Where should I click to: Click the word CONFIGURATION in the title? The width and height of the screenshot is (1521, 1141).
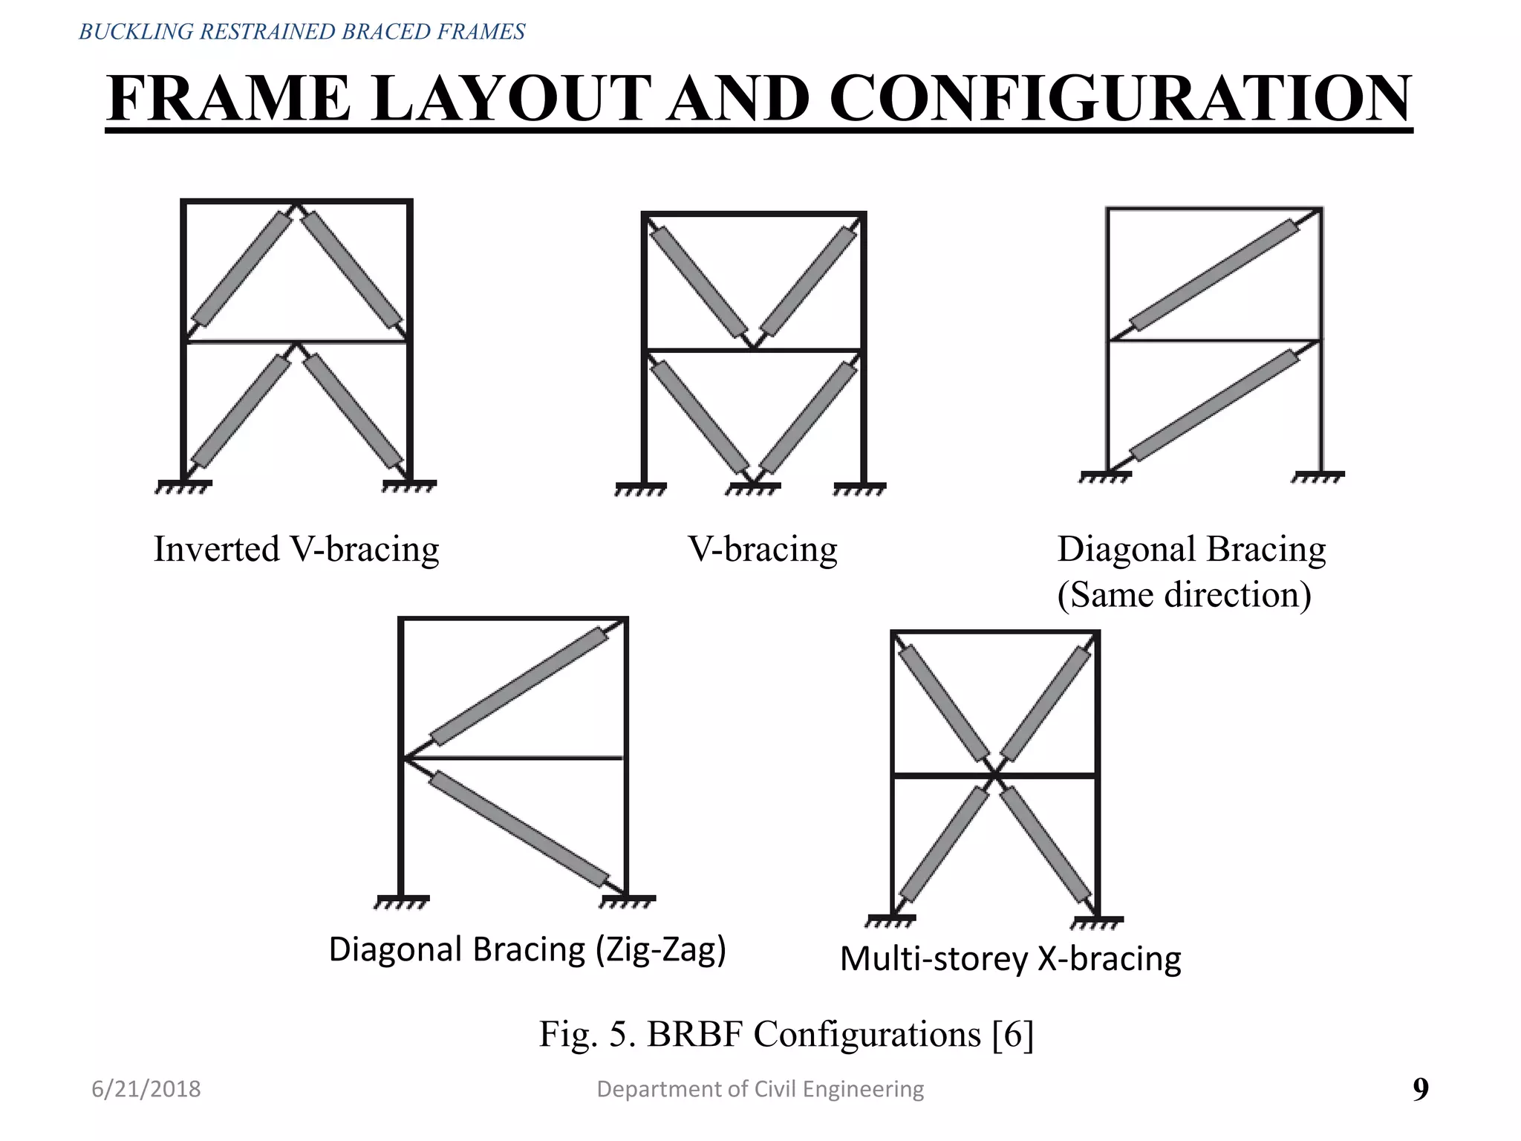pyautogui.click(x=1120, y=99)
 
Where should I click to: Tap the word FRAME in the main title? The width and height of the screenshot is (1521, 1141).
pyautogui.click(x=229, y=99)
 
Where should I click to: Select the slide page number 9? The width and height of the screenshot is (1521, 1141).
pyautogui.click(x=1420, y=1089)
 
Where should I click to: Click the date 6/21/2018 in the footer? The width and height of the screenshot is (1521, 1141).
pyautogui.click(x=146, y=1089)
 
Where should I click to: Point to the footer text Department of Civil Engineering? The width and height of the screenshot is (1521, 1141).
pyautogui.click(x=760, y=1089)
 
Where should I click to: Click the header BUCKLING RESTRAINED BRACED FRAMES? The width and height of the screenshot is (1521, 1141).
pyautogui.click(x=302, y=32)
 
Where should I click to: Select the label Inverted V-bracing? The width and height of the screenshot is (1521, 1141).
pyautogui.click(x=296, y=550)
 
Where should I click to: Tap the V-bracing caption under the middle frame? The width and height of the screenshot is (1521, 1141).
pyautogui.click(x=763, y=550)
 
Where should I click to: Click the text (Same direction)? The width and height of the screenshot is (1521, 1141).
pyautogui.click(x=1184, y=594)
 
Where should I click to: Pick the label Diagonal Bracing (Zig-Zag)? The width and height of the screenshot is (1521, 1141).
pyautogui.click(x=527, y=949)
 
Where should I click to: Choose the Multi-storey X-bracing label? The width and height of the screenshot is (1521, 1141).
pyautogui.click(x=1010, y=958)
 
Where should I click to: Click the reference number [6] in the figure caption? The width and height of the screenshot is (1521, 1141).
pyautogui.click(x=1013, y=1034)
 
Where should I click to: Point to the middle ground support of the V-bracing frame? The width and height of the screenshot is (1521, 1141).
pyautogui.click(x=753, y=488)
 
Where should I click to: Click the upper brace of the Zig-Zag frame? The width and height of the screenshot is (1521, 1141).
pyautogui.click(x=519, y=686)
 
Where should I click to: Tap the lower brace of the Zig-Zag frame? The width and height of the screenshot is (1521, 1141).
pyautogui.click(x=519, y=829)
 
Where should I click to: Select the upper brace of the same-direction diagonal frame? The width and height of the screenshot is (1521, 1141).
pyautogui.click(x=1215, y=274)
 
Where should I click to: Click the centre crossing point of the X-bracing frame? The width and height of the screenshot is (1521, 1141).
pyautogui.click(x=995, y=776)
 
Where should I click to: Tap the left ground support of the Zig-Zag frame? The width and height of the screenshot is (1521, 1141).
pyautogui.click(x=402, y=902)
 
